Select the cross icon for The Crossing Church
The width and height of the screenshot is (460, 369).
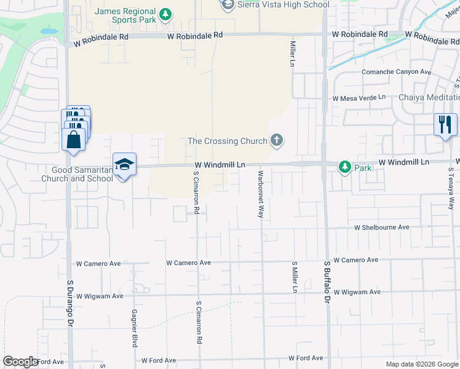pyautogui.click(x=277, y=141)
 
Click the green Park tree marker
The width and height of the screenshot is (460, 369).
pyautogui.click(x=345, y=167)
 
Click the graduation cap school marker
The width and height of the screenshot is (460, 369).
pyautogui.click(x=124, y=165)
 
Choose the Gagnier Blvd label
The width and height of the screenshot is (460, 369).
pyautogui.click(x=133, y=328)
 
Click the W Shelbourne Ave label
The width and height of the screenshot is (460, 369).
pyautogui.click(x=381, y=227)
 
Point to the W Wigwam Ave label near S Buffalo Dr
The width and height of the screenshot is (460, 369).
pyautogui.click(x=357, y=292)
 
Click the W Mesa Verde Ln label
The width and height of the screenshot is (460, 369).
pyautogui.click(x=359, y=98)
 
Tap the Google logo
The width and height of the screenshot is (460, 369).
pyautogui.click(x=20, y=362)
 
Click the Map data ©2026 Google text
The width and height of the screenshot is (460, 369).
pyautogui.click(x=422, y=364)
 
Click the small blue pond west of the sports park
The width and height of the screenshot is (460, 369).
pyautogui.click(x=48, y=30)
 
